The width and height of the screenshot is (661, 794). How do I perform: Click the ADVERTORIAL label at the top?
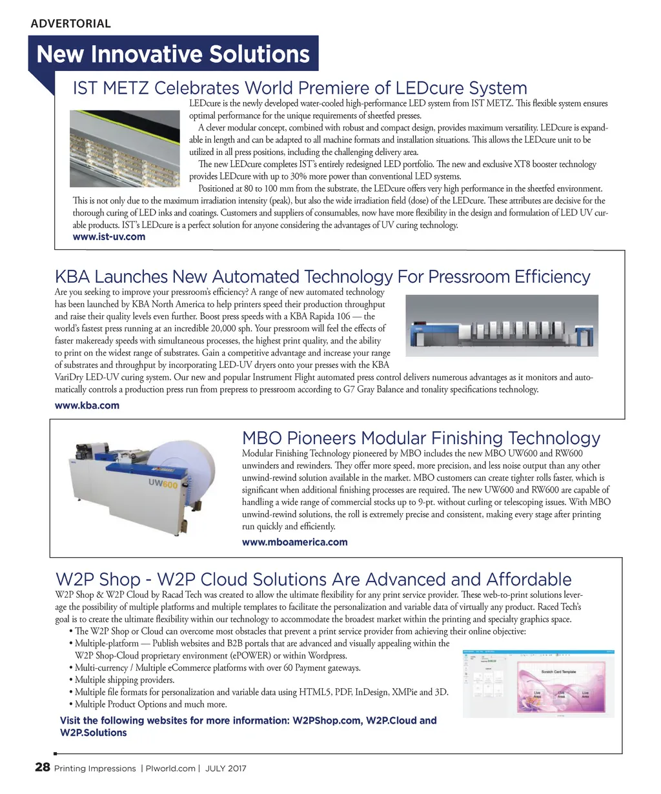(70, 24)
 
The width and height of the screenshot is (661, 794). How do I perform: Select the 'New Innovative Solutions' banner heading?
(173, 54)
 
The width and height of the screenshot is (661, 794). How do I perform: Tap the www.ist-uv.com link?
(109, 237)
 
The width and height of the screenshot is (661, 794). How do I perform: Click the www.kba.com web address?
(87, 405)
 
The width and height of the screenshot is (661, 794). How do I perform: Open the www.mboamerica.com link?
(294, 542)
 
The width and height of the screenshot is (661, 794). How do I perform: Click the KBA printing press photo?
(502, 326)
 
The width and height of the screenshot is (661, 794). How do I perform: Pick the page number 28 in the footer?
(42, 768)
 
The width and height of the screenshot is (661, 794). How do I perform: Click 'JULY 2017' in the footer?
(225, 769)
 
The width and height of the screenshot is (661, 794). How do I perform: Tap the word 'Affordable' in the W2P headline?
(528, 580)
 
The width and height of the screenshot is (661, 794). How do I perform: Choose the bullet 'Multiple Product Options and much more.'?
(150, 704)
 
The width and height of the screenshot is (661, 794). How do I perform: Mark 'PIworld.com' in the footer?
(170, 769)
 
